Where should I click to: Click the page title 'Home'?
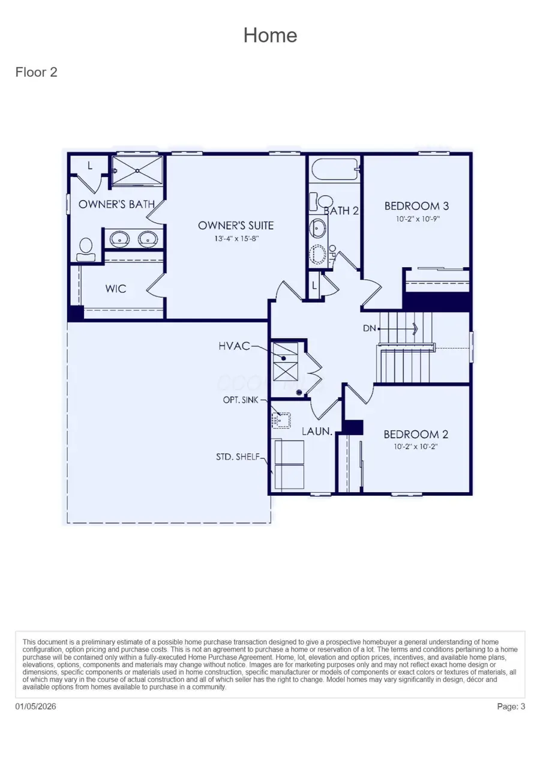[270, 35]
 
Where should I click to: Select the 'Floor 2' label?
[36, 73]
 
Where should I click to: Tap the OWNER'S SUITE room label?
[236, 226]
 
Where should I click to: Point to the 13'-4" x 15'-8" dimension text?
[236, 238]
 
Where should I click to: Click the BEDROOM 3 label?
[416, 206]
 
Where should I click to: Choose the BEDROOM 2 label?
[416, 434]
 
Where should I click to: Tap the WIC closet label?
[116, 289]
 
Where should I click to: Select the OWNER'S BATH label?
[116, 204]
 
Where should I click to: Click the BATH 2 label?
[341, 211]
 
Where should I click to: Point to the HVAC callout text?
[234, 346]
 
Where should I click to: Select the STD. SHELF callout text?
[238, 457]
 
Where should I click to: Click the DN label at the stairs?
[369, 328]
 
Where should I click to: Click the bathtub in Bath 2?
[334, 169]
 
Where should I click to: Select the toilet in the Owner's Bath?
[86, 248]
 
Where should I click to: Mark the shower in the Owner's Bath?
[138, 170]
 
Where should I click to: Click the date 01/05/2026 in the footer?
[36, 706]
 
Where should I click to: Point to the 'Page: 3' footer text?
[511, 706]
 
